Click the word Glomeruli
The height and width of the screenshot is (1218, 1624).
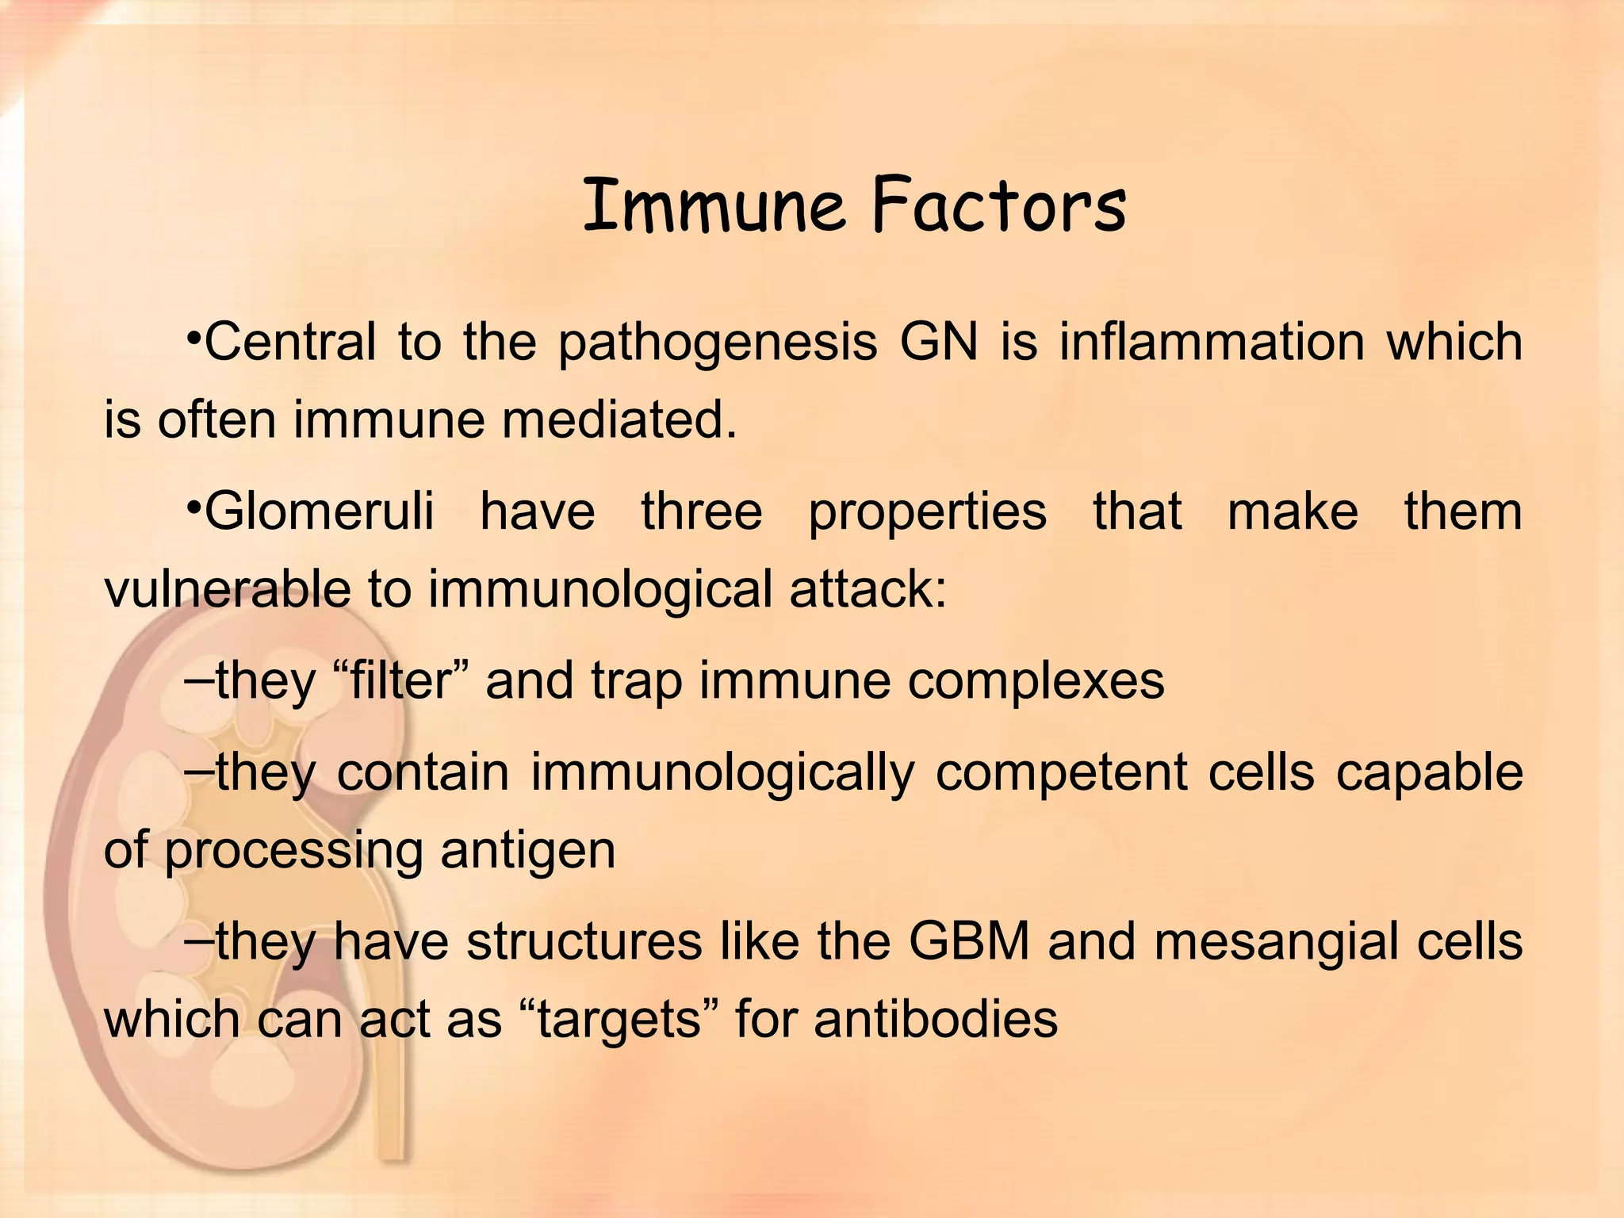point(319,511)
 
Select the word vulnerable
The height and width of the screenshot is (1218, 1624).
point(228,589)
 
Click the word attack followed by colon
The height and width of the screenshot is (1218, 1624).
point(868,589)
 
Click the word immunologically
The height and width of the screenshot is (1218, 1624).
point(722,773)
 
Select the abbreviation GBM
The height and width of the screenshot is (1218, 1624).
point(968,942)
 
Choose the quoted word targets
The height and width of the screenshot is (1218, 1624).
point(619,1020)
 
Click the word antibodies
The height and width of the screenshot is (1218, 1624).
point(936,1019)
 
